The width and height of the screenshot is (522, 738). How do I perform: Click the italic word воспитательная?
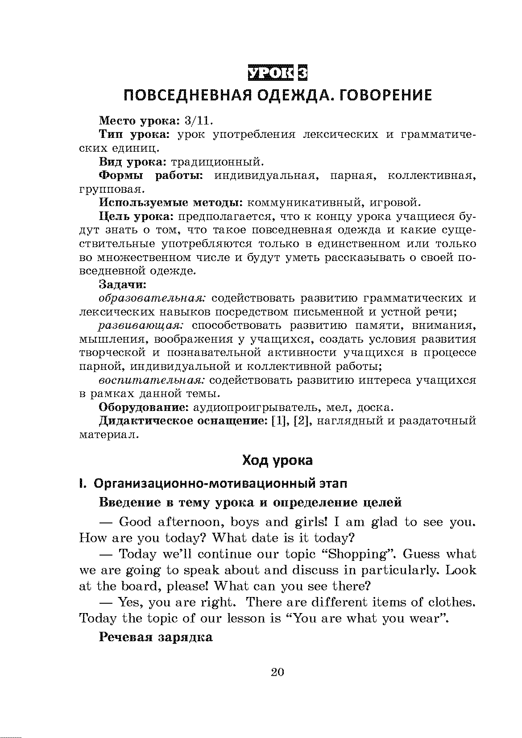(152, 380)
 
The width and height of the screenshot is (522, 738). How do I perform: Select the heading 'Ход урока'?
(277, 460)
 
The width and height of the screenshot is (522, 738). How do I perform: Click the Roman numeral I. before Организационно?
(82, 484)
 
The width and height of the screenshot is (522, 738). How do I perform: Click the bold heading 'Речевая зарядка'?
(156, 637)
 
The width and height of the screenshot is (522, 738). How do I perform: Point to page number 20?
(277, 672)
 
